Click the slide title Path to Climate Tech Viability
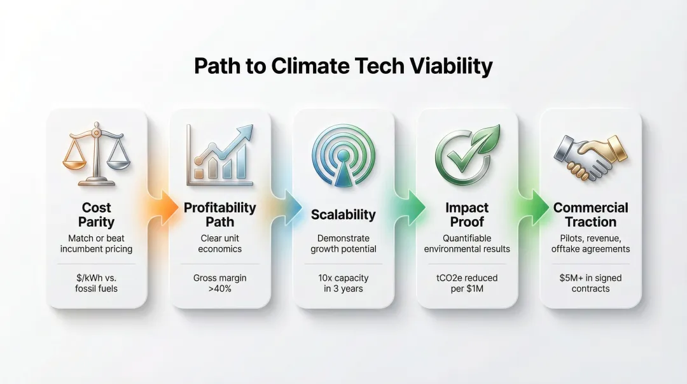[x=343, y=67]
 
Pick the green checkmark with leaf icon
[x=466, y=153]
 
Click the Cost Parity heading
[x=97, y=215]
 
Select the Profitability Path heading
[x=219, y=215]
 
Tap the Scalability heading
[x=343, y=215]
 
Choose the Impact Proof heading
[x=466, y=215]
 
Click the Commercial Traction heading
[x=590, y=215]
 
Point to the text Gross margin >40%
[x=219, y=283]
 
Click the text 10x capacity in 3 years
[x=343, y=283]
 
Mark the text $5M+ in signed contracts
[x=590, y=283]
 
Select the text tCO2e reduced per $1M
[x=466, y=283]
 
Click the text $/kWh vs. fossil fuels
[x=97, y=283]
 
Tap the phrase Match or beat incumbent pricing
[x=97, y=243]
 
